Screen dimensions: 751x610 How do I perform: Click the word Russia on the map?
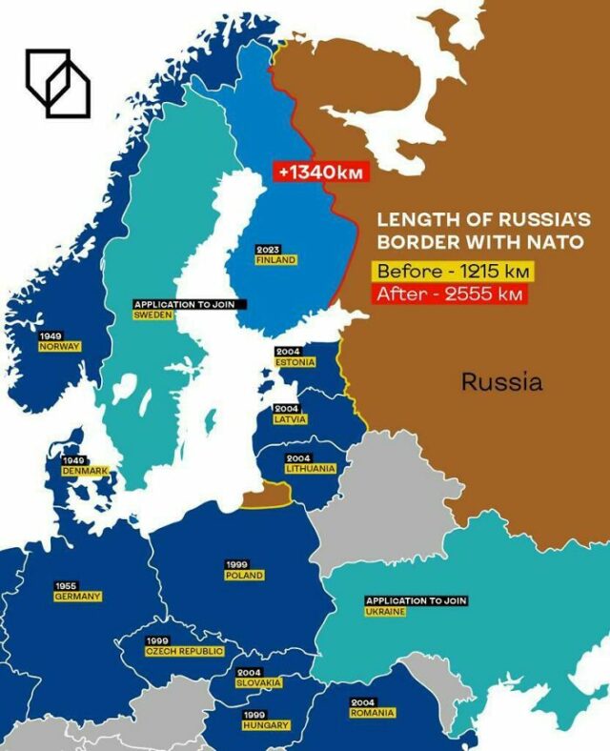[x=502, y=382]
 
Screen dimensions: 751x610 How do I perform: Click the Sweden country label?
[x=152, y=315]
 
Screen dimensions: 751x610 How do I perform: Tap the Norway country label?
[x=59, y=346]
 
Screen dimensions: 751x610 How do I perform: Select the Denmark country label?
[x=85, y=471]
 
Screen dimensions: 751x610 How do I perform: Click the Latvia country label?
[x=291, y=418]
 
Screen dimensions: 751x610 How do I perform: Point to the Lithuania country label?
[x=311, y=468]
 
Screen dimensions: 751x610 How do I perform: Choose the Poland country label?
[x=244, y=576]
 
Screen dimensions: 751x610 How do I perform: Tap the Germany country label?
[x=77, y=596]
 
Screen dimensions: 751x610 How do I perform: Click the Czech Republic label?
[x=185, y=651]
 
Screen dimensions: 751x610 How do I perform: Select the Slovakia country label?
[x=259, y=682]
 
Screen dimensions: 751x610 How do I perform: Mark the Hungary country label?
[x=266, y=725]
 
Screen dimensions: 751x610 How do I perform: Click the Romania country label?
[x=372, y=712]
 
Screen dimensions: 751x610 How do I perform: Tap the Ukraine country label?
[x=385, y=611]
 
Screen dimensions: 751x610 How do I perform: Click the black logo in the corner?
[x=57, y=83]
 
